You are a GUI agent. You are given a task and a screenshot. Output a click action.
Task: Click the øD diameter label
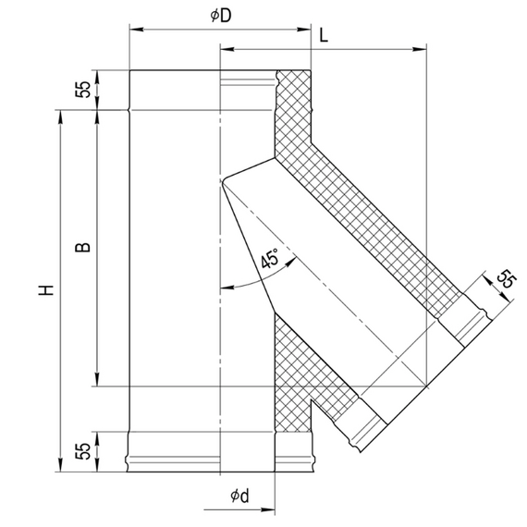pyautogui.click(x=221, y=16)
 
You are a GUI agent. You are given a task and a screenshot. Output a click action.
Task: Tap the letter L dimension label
pyautogui.click(x=324, y=35)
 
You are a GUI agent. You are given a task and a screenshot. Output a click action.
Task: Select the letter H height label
pyautogui.click(x=46, y=290)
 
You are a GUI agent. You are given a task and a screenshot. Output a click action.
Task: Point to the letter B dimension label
pyautogui.click(x=82, y=247)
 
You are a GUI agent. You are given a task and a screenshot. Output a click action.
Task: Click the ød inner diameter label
pyautogui.click(x=239, y=496)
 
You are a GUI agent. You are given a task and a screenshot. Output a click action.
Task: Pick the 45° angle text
pyautogui.click(x=270, y=258)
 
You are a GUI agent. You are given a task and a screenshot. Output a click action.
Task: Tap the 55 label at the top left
pyautogui.click(x=83, y=90)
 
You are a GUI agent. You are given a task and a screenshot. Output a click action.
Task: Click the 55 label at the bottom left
pyautogui.click(x=83, y=451)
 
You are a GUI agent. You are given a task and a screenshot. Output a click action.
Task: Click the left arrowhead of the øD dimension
pyautogui.click(x=137, y=30)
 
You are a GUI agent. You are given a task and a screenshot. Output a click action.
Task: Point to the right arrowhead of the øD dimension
pyautogui.click(x=304, y=30)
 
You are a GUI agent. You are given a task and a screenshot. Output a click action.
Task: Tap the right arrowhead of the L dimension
pyautogui.click(x=420, y=49)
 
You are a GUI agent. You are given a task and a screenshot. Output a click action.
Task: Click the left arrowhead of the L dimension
pyautogui.click(x=227, y=49)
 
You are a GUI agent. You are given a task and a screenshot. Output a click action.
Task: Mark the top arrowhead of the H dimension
pyautogui.click(x=60, y=117)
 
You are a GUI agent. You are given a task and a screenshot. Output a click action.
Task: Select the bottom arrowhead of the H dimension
pyautogui.click(x=60, y=464)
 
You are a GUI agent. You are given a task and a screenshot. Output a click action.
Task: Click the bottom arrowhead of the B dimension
pyautogui.click(x=97, y=379)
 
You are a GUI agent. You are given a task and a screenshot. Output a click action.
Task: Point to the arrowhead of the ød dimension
pyautogui.click(x=268, y=509)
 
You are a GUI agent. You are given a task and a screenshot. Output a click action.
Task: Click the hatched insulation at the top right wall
pyautogui.click(x=293, y=111)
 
